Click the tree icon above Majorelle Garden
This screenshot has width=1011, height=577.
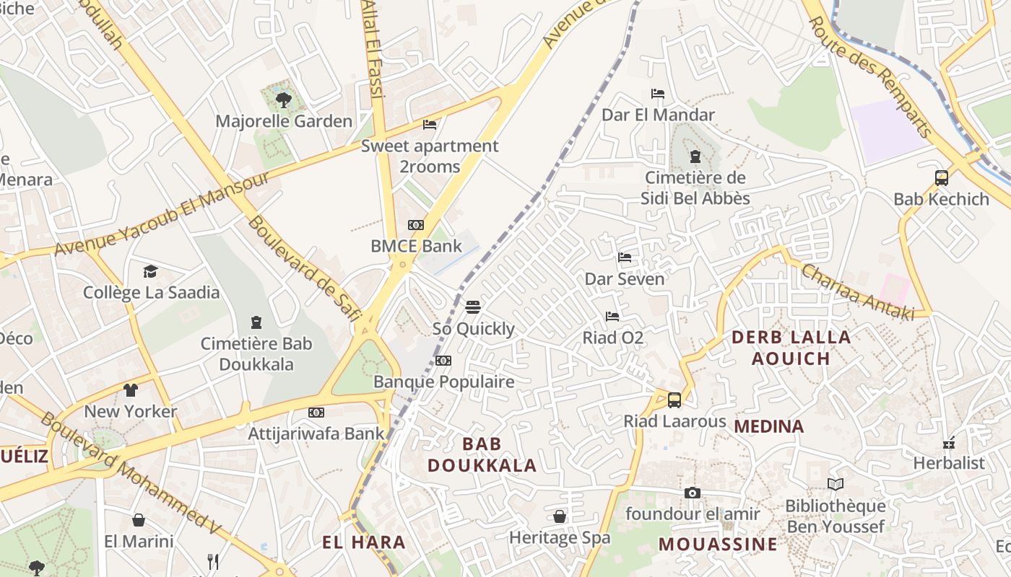(x=283, y=100)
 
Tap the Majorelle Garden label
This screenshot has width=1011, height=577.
(x=284, y=121)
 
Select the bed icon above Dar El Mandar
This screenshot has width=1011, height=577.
(x=657, y=94)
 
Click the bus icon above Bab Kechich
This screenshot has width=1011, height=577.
(x=941, y=178)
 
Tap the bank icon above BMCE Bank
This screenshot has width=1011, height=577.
(x=415, y=225)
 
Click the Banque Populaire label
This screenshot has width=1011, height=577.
(x=443, y=382)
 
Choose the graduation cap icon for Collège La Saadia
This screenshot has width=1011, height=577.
(x=150, y=272)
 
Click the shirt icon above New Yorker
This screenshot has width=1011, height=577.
(x=130, y=391)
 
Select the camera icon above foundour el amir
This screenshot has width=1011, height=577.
(x=692, y=493)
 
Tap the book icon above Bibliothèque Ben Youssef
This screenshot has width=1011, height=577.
(x=835, y=485)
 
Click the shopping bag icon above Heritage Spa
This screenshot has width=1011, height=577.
(x=559, y=517)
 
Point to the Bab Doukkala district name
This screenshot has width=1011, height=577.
(x=482, y=454)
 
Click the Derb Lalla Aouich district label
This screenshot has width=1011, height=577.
(x=791, y=348)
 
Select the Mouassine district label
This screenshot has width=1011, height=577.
(x=718, y=544)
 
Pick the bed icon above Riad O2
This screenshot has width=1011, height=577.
(x=612, y=317)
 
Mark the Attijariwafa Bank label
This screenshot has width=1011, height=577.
(x=316, y=433)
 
